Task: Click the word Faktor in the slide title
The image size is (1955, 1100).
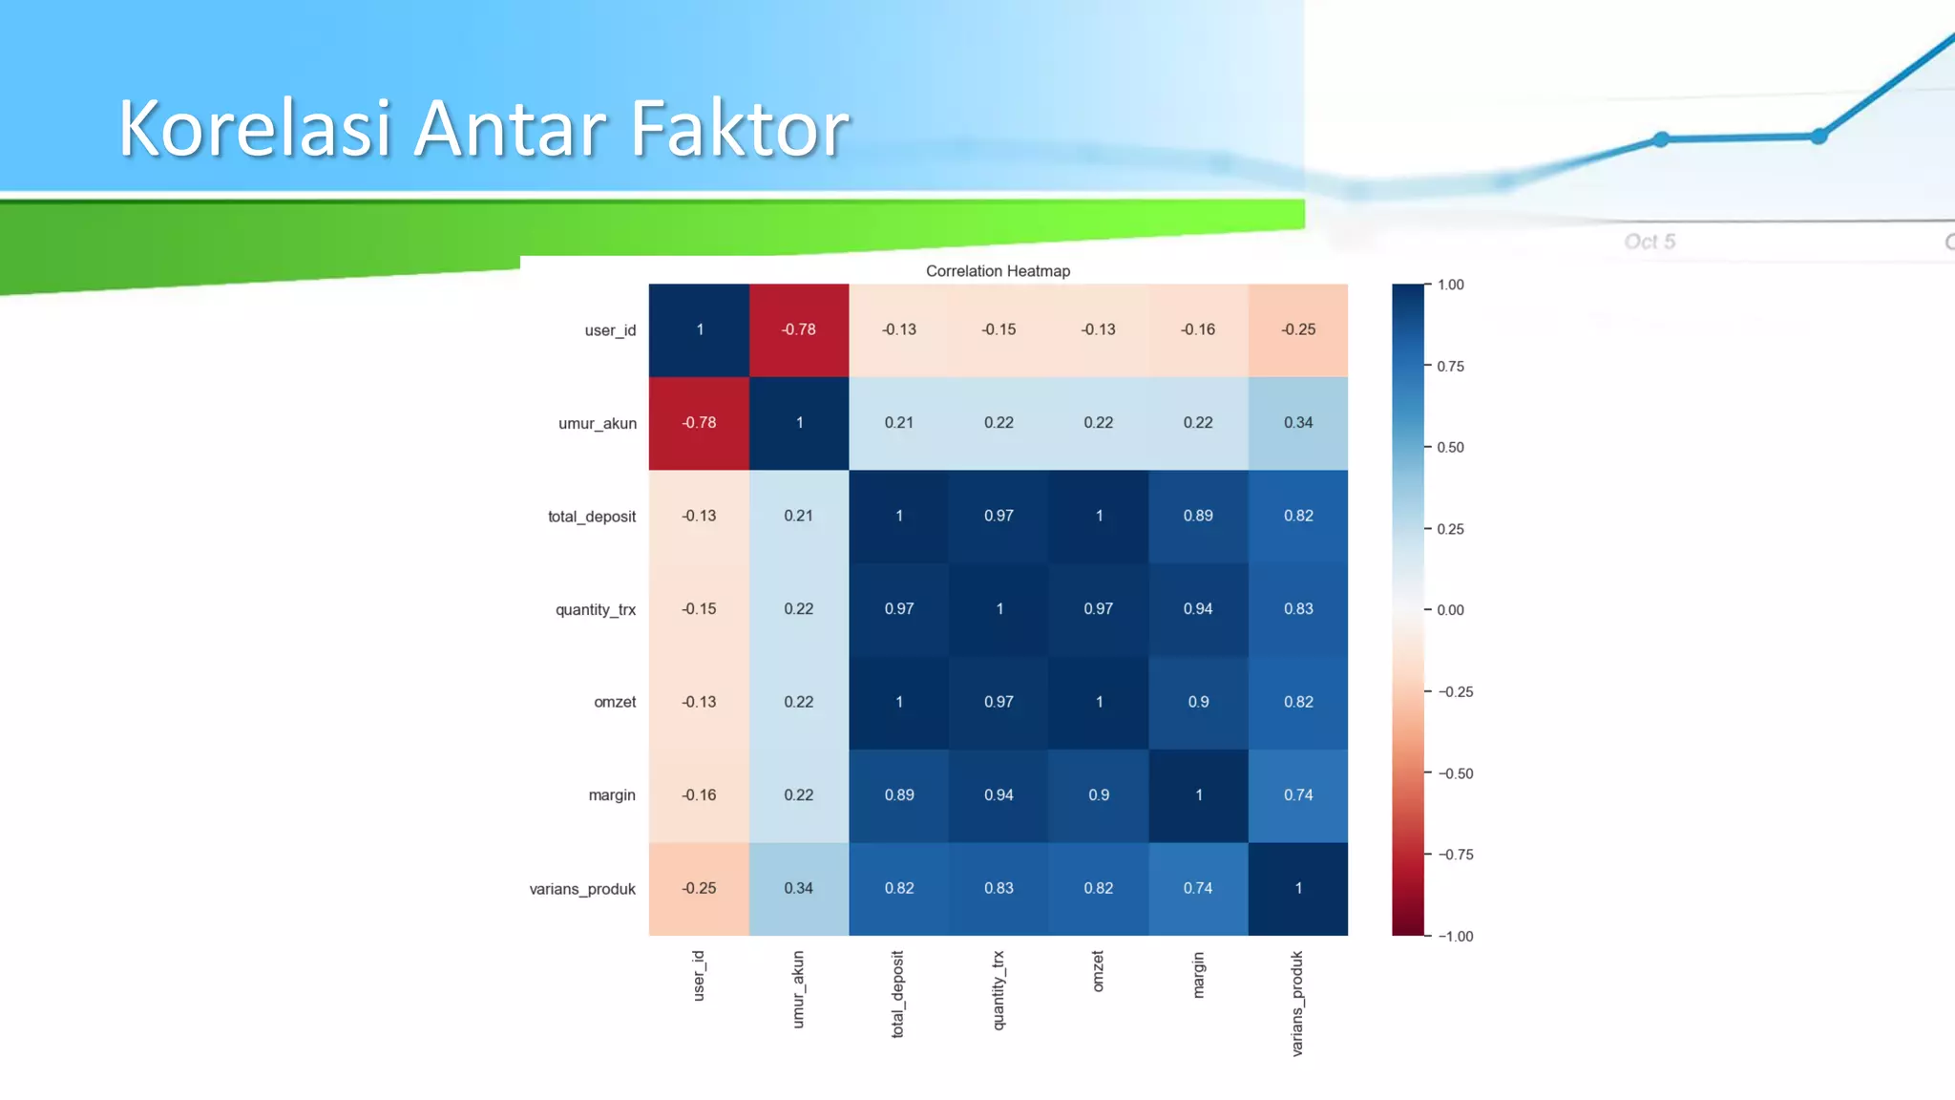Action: click(740, 129)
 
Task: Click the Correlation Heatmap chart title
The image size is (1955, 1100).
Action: click(998, 271)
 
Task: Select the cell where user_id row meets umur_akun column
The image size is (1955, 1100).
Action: click(799, 329)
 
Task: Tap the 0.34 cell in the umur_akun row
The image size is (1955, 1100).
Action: click(1297, 422)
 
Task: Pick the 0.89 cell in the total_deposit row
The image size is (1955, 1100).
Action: click(1198, 516)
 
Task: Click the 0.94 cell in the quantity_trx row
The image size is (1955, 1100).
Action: click(1198, 608)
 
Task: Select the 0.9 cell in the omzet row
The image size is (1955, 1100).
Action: click(1198, 702)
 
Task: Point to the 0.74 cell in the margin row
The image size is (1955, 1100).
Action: click(1297, 794)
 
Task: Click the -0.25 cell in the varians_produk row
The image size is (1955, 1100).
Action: click(699, 888)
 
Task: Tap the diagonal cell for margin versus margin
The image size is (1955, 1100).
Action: click(1198, 794)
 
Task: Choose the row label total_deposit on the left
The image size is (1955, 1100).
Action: click(592, 517)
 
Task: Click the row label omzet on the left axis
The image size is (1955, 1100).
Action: click(615, 702)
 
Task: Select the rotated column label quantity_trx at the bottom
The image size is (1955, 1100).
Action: click(999, 990)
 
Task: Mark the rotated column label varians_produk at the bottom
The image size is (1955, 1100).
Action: click(1297, 1003)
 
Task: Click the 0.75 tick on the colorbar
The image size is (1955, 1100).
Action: click(1450, 367)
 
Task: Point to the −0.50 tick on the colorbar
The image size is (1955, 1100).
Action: click(1456, 773)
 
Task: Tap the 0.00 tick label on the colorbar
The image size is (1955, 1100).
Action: click(1450, 610)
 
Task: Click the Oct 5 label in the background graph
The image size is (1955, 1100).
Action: click(1650, 242)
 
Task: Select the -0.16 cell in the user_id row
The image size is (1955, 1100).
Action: click(1198, 329)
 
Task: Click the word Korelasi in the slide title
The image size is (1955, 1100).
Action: click(255, 129)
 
